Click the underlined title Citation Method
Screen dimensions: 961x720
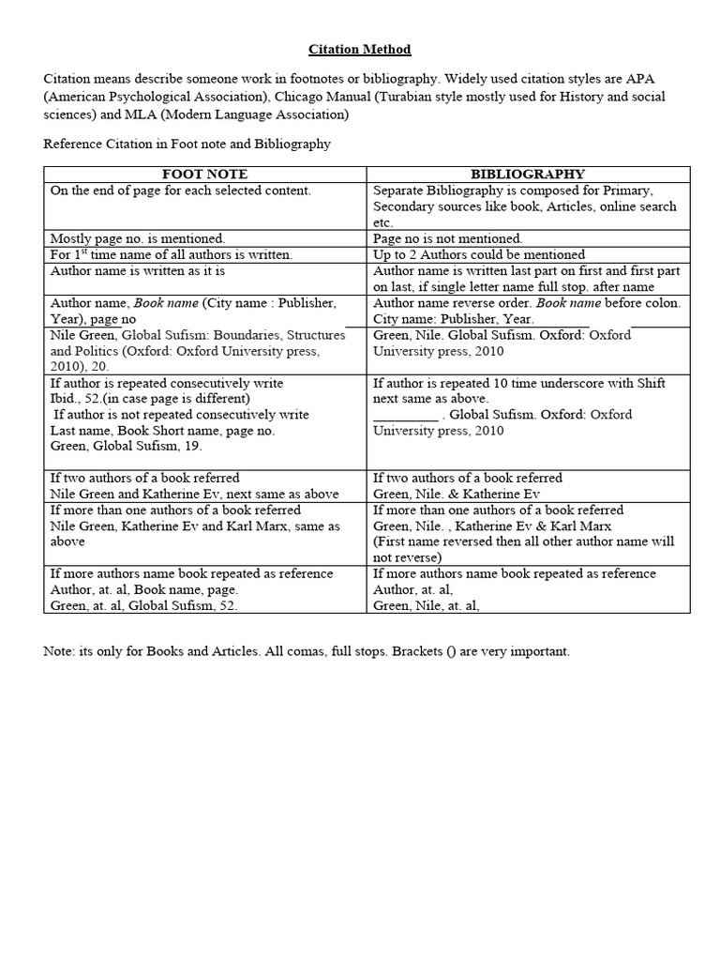[x=360, y=49]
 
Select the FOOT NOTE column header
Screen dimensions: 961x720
[x=205, y=174]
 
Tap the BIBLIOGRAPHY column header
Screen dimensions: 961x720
[x=528, y=174]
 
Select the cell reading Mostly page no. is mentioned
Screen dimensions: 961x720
[x=138, y=238]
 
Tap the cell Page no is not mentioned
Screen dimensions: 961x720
[x=448, y=238]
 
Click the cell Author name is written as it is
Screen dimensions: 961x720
[x=137, y=270]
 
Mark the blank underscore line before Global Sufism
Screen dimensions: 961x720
[x=406, y=415]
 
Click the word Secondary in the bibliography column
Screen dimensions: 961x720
[x=404, y=206]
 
